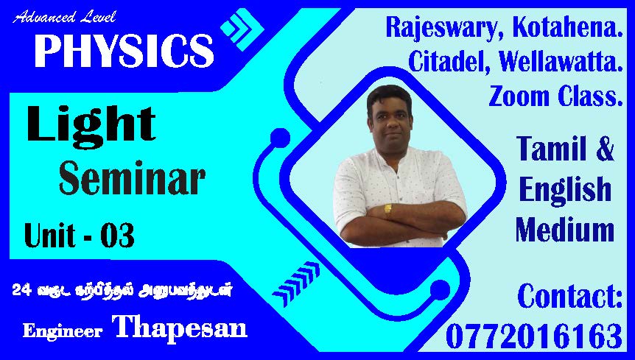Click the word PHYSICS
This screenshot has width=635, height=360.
124,51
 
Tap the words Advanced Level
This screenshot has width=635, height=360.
64,17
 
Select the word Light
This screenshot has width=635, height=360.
91,124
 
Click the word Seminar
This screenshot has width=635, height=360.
132,178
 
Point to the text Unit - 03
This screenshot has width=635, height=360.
80,235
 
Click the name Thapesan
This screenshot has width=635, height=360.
180,327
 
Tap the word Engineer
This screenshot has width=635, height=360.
63,331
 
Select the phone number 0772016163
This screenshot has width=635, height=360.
534,336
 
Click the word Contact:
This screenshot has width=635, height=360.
569,296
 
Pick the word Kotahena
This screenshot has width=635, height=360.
567,27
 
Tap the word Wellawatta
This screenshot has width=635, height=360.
561,62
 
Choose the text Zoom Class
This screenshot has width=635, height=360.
555,96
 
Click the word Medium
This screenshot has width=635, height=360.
565,230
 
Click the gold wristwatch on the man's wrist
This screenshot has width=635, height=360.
388,210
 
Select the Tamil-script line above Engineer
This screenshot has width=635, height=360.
122,290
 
